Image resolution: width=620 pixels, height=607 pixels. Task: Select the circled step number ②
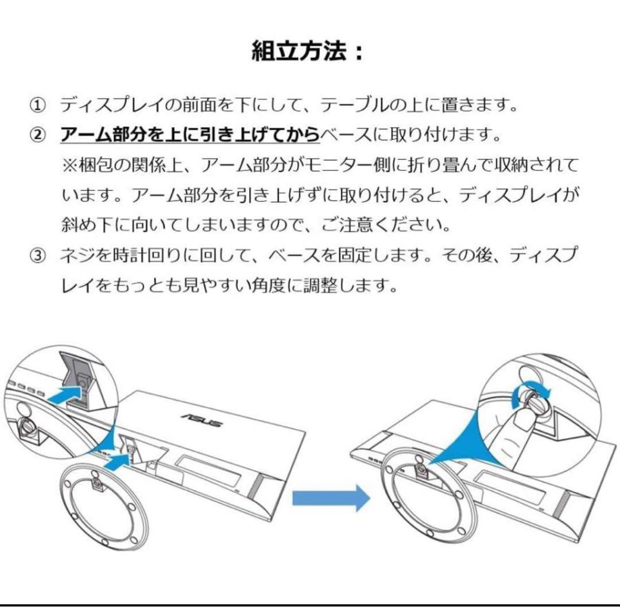37,136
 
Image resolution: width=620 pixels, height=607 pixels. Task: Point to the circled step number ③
37,255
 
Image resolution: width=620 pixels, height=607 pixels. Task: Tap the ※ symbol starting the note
69,166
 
